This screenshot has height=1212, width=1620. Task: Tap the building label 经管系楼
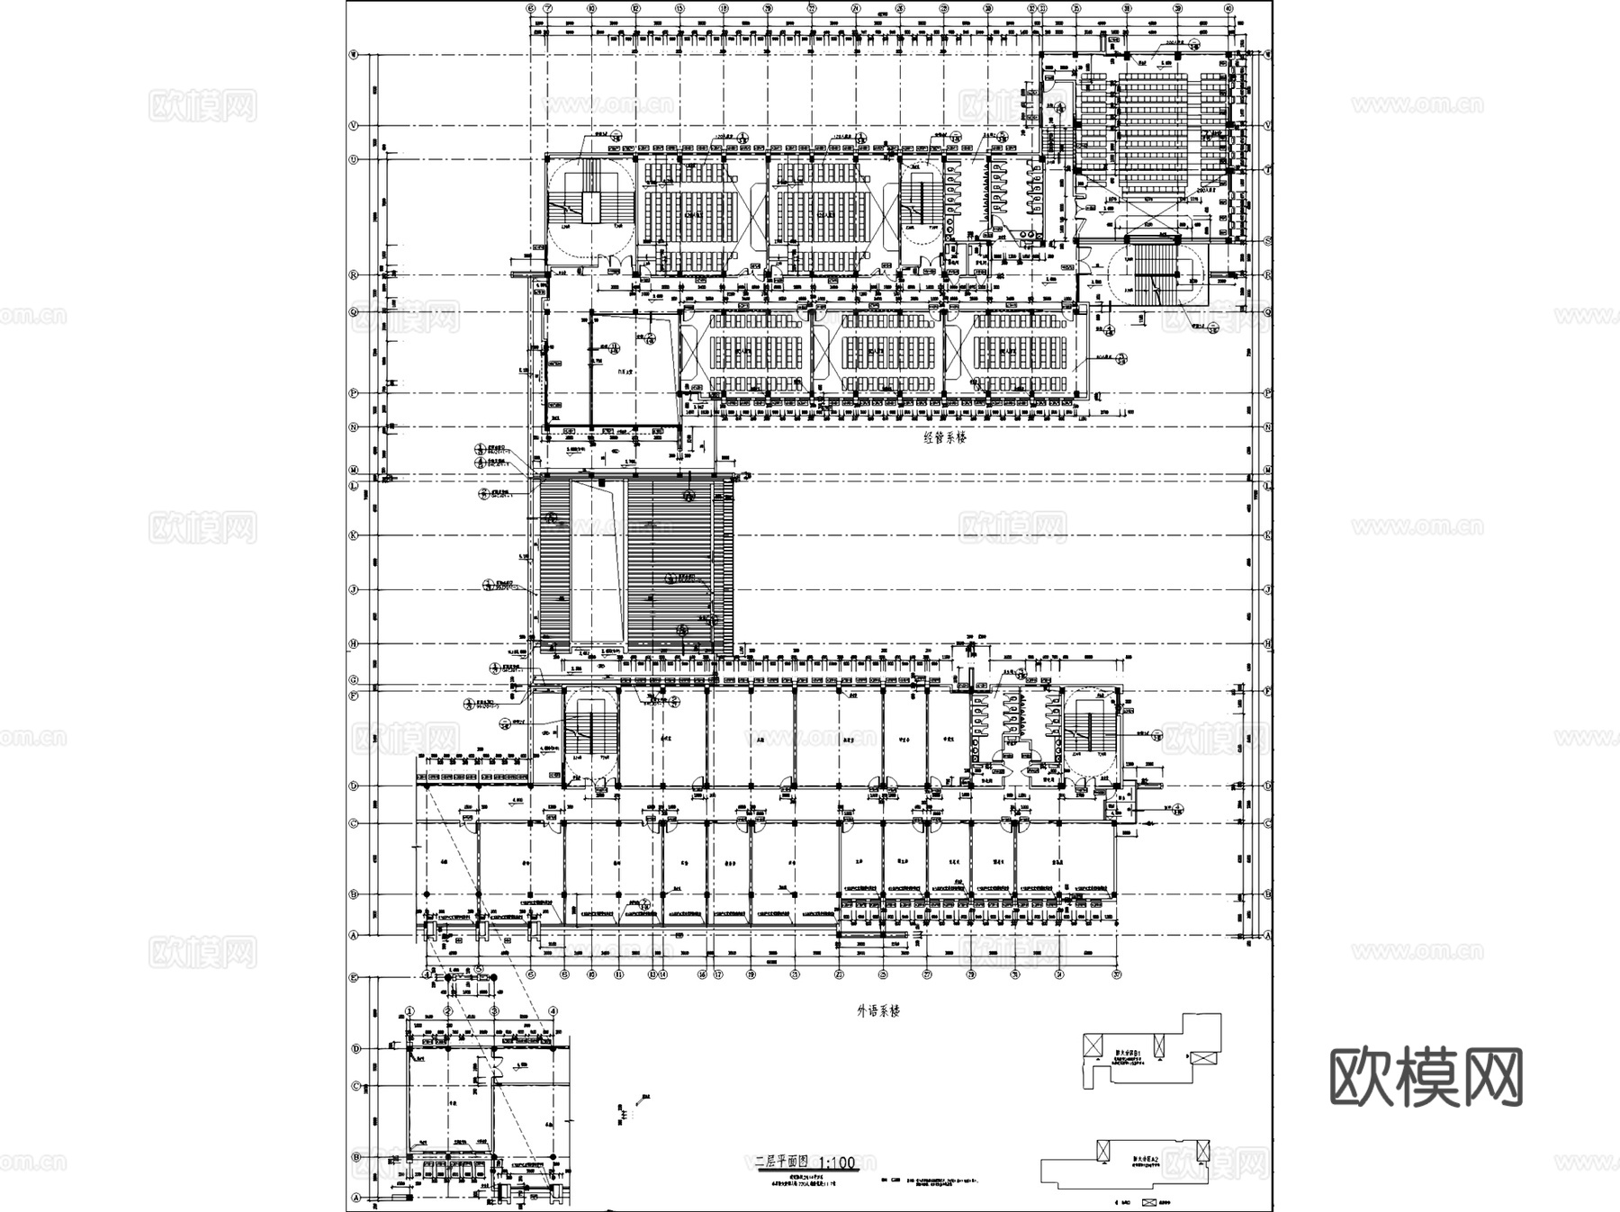[944, 438]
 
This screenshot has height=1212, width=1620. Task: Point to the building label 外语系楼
[877, 1010]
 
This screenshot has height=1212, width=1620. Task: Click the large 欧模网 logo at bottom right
[1426, 1076]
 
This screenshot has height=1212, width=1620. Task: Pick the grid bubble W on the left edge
[354, 55]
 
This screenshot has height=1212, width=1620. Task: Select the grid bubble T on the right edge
[1267, 169]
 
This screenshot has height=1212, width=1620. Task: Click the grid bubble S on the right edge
[1267, 241]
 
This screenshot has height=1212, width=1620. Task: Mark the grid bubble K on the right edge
[1267, 535]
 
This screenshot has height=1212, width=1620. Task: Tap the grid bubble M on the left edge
[354, 471]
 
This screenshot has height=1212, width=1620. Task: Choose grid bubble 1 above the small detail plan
[409, 1011]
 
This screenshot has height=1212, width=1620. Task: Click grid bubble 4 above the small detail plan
[553, 1011]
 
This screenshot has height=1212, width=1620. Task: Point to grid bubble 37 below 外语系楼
[1117, 974]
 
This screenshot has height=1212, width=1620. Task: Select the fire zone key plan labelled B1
[1152, 1049]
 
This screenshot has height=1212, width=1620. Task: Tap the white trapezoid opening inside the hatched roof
[598, 562]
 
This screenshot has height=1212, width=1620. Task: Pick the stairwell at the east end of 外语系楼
[1091, 733]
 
